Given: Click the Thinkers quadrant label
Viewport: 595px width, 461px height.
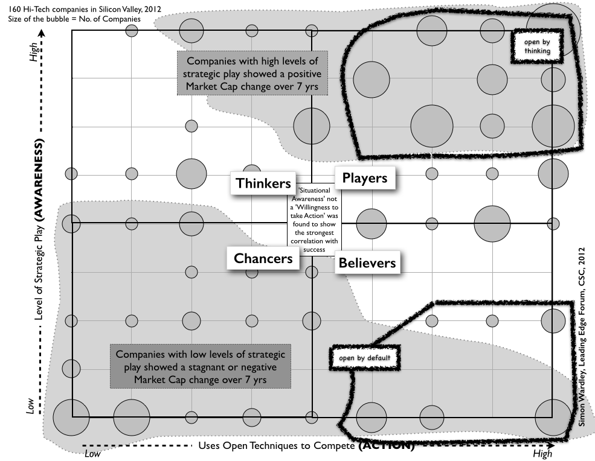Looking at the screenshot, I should click(263, 183).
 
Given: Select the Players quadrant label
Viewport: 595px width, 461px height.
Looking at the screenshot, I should click(364, 178).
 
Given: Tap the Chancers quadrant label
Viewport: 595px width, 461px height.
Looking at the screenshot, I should click(266, 258).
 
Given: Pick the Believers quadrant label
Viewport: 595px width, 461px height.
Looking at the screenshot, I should click(367, 262).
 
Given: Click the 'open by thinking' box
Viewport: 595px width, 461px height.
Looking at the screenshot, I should click(537, 46).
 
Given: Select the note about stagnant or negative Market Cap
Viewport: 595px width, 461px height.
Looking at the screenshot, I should click(200, 367).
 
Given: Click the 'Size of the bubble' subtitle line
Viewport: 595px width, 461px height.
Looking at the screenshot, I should click(74, 19).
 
